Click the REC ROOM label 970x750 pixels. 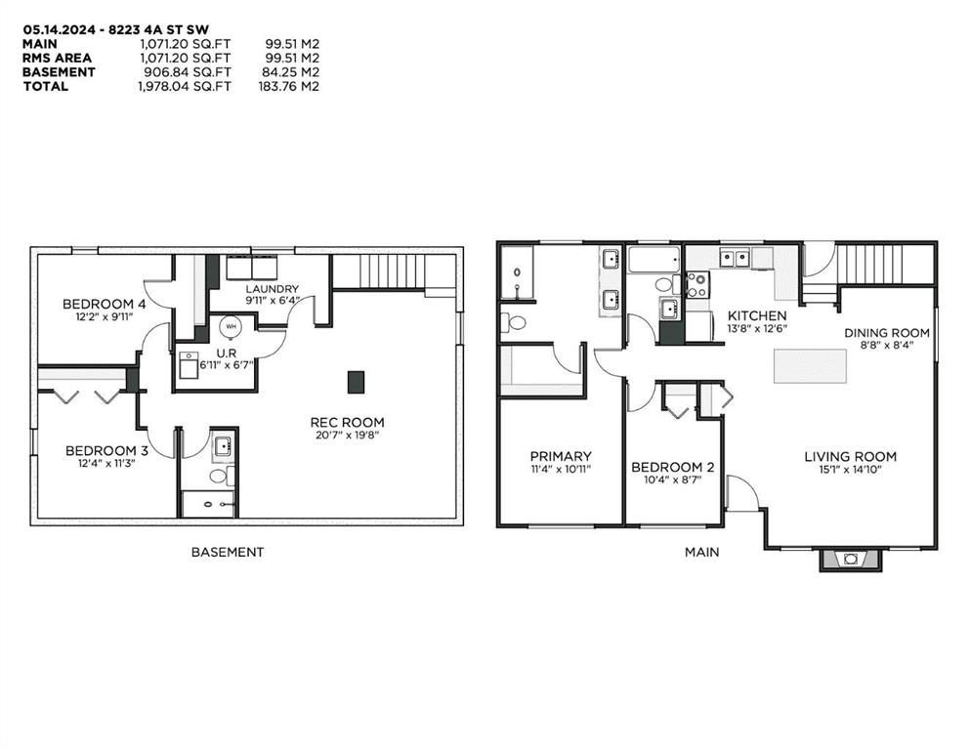coord(347,422)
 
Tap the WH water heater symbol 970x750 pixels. coord(231,326)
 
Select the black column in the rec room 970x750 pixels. coord(356,382)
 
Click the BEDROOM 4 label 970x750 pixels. coord(104,304)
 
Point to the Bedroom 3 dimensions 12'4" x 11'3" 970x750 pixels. coord(101,463)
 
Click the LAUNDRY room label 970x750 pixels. coord(273,289)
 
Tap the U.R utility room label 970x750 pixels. coord(227,354)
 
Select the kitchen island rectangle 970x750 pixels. coord(810,366)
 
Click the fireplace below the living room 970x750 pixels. coord(851,559)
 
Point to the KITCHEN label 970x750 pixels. coord(757,315)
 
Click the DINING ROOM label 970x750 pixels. coord(887,333)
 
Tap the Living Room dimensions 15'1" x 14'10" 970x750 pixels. coord(851,470)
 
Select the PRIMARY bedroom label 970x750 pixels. coord(561,456)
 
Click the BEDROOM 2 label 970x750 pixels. coord(672,467)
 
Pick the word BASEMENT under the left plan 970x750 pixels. coord(228,552)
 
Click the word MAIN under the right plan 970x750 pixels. coord(702,552)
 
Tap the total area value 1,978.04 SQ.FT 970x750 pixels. coord(185,87)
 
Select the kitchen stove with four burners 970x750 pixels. coord(697,285)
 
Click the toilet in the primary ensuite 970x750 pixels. coord(513,322)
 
